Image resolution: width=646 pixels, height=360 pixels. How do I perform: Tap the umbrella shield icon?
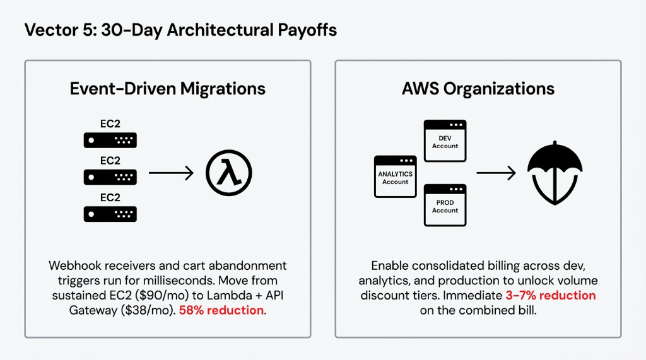[553, 173]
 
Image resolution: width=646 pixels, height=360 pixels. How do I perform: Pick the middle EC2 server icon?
[110, 177]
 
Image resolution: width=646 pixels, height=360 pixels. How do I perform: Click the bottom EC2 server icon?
[110, 214]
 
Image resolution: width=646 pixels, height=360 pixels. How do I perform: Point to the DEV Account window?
[445, 141]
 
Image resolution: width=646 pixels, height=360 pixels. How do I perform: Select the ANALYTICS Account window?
[395, 177]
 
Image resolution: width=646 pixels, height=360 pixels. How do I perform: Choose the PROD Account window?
[445, 206]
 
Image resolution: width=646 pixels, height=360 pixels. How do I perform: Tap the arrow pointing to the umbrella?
[496, 173]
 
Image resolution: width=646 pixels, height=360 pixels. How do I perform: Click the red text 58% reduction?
[221, 311]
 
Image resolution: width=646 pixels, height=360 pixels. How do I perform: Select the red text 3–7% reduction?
[550, 295]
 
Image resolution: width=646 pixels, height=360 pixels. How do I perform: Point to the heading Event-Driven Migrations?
[167, 88]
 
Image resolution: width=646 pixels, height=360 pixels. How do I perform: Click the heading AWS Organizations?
[478, 88]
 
